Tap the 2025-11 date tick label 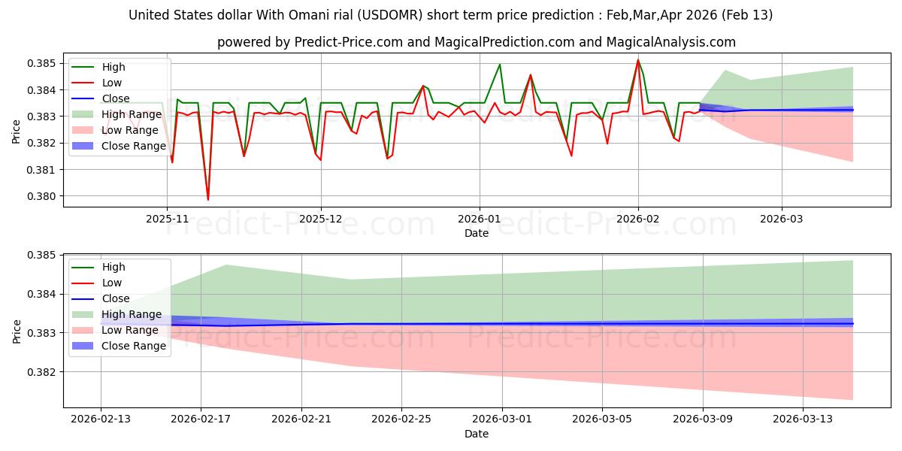coord(167,218)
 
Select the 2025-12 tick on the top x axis coord(321,218)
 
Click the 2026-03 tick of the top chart coord(782,218)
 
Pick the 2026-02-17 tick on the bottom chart coord(201,418)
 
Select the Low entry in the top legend coord(112,83)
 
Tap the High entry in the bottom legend coord(114,267)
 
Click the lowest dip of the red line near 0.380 coord(208,199)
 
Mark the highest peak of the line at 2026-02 coord(638,60)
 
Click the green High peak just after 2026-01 coord(500,64)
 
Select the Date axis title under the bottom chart coord(477,434)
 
